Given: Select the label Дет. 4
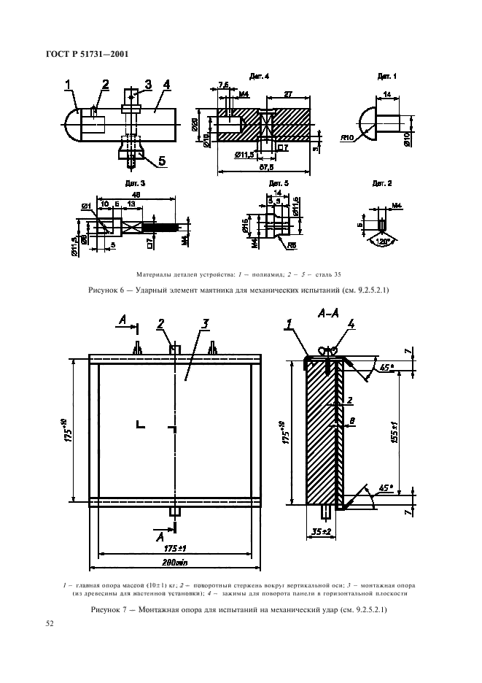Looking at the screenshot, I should coord(260,77).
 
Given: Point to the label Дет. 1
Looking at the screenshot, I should coord(386,77).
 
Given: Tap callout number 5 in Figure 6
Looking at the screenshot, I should coord(161,161).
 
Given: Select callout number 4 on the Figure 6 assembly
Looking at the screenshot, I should coord(167,85).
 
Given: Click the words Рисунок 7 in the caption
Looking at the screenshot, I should coord(110,609).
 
